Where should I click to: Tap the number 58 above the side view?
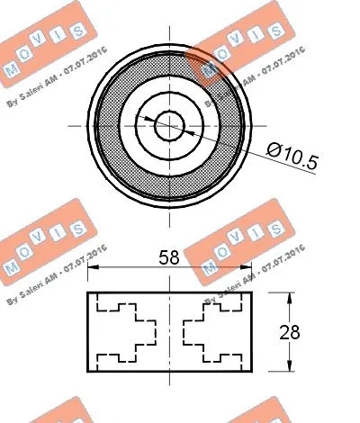tap(167, 257)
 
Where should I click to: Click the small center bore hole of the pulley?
tap(168, 125)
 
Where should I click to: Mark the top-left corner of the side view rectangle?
tap(87, 293)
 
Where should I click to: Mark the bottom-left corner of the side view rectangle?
tap(87, 370)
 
